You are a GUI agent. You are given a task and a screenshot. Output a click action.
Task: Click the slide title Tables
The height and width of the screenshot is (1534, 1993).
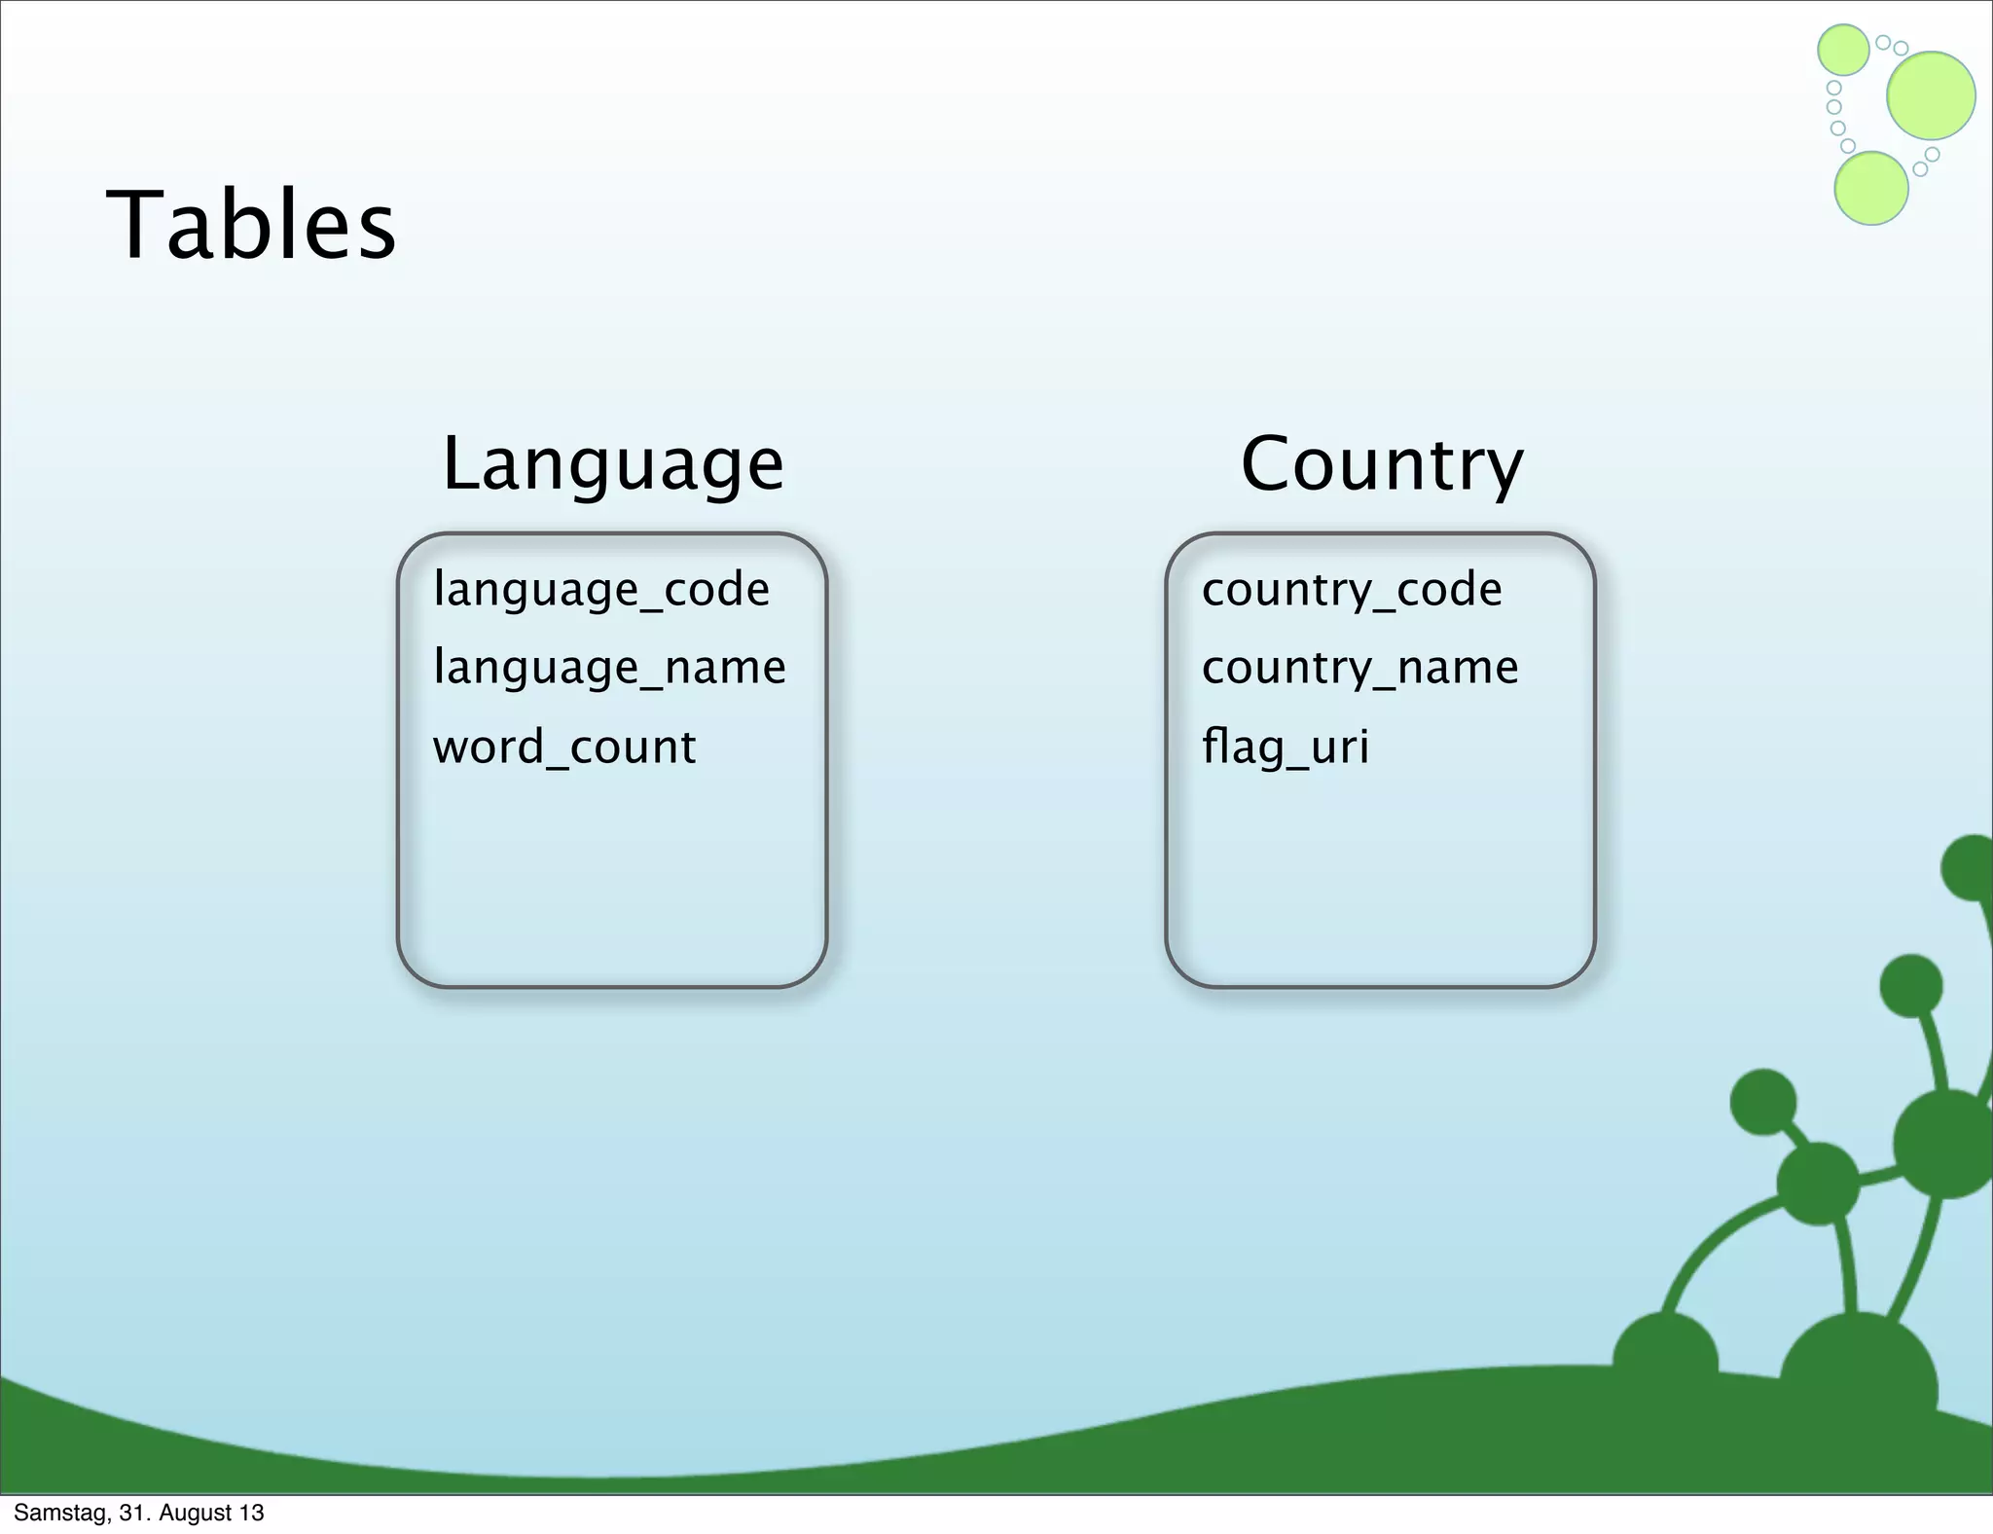[251, 226]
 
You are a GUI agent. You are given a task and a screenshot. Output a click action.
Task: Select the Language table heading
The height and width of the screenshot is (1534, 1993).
[612, 464]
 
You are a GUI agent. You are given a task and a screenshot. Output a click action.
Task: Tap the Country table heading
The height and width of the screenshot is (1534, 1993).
[1381, 464]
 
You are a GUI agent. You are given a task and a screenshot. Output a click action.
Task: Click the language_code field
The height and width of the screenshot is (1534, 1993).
[601, 590]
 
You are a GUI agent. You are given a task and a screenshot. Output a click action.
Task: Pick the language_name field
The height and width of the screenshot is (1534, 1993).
[609, 668]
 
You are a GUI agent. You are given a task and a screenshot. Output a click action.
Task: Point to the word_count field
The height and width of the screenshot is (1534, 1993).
[564, 748]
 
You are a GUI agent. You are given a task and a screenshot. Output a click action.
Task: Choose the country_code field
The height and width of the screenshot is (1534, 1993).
[1352, 590]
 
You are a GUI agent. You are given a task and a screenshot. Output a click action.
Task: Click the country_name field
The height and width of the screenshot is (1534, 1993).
[1359, 668]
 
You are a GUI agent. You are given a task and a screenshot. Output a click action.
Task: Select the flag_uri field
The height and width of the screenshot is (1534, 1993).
[1285, 748]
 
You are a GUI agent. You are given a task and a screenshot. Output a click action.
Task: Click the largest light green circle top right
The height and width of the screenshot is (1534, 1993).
[1931, 95]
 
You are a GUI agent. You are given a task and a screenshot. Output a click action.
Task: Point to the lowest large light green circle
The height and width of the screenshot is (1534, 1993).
[1870, 188]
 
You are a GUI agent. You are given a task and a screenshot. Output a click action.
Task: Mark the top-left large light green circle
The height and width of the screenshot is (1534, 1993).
[1843, 50]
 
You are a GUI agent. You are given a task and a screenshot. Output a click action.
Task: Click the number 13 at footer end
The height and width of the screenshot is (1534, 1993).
[252, 1513]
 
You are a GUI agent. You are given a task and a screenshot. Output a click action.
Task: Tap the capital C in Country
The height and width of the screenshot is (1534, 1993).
[1270, 464]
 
